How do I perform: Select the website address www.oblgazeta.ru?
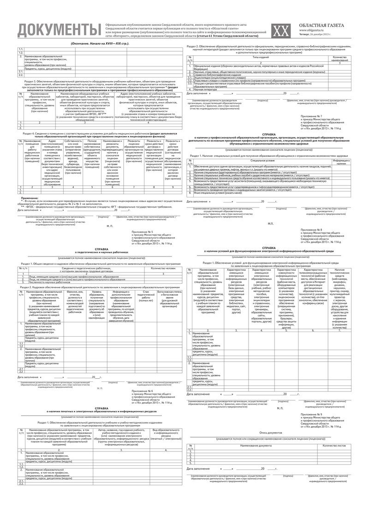[x=312, y=30]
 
